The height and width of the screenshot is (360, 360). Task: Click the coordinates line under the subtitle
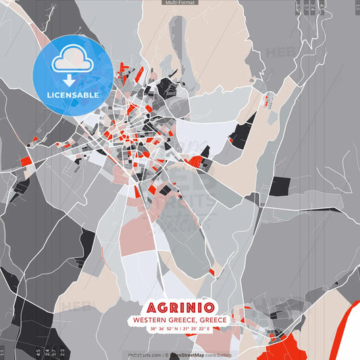tap(180, 329)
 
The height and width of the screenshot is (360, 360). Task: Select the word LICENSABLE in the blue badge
tap(72, 95)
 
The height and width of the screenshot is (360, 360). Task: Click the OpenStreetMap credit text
tap(192, 354)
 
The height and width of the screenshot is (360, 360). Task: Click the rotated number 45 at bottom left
tap(38, 352)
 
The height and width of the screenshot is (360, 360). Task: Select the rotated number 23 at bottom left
tap(62, 352)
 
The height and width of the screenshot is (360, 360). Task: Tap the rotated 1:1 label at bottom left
tap(2, 352)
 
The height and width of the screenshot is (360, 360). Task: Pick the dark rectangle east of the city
tap(279, 186)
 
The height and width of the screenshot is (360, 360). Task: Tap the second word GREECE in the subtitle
tap(211, 319)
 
